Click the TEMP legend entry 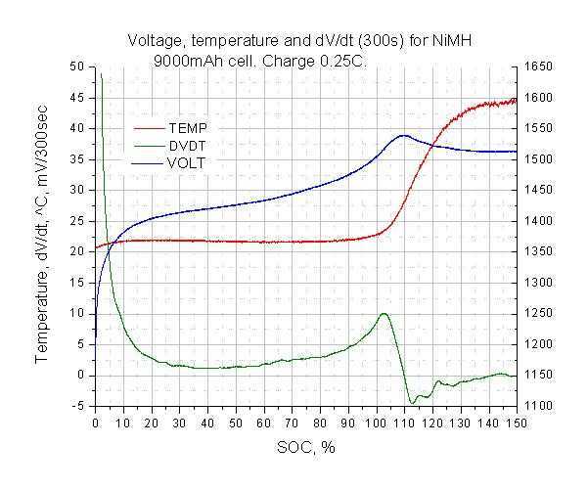pyautogui.click(x=187, y=128)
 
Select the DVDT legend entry pyautogui.click(x=187, y=146)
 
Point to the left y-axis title pyautogui.click(x=43, y=236)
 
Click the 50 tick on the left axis pyautogui.click(x=78, y=67)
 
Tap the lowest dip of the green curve pyautogui.click(x=413, y=402)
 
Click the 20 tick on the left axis pyautogui.click(x=78, y=251)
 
